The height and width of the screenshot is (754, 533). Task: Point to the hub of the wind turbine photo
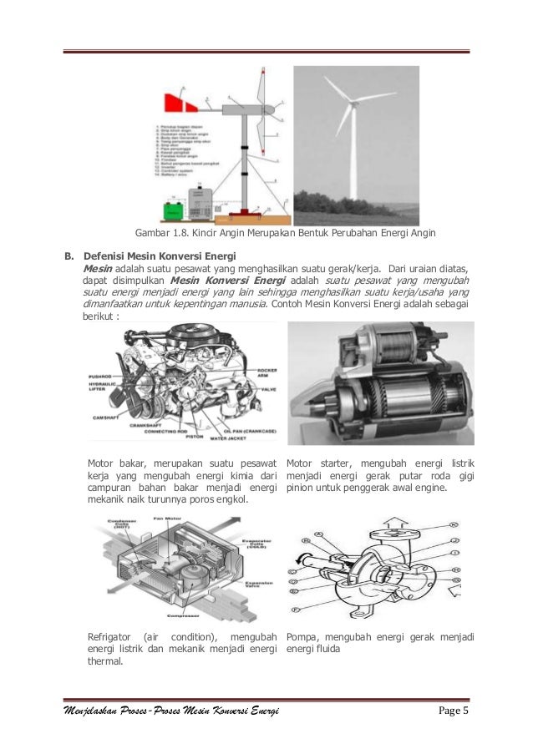point(351,105)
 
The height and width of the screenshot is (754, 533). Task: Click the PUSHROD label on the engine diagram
point(101,377)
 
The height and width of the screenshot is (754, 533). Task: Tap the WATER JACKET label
point(227,437)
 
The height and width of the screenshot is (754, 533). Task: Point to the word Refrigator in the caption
point(112,636)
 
